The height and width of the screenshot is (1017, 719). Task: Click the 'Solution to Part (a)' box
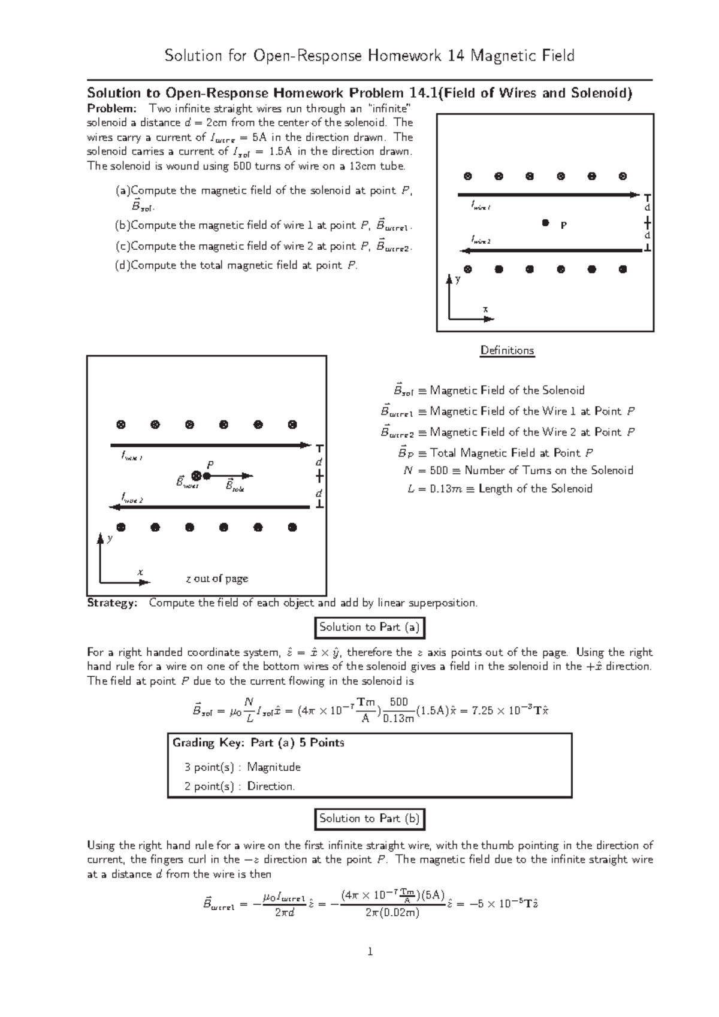pos(370,627)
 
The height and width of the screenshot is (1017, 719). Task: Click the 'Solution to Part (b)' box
pos(370,818)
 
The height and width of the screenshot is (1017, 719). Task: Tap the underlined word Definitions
pos(507,350)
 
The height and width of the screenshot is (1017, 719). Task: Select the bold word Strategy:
pos(112,603)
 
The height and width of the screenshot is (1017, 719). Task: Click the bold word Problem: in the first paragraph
pos(112,108)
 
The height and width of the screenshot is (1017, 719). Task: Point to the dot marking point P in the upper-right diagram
pos(545,223)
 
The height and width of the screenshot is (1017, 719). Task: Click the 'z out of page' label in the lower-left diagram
pos(217,579)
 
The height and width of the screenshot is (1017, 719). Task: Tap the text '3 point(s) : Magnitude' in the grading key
pos(243,767)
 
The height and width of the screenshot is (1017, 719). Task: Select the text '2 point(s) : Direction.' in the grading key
pos(240,786)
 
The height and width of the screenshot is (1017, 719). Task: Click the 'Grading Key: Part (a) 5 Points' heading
pos(258,743)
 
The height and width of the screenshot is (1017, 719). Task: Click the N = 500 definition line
pos(518,470)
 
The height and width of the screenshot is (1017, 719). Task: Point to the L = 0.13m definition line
pos(499,489)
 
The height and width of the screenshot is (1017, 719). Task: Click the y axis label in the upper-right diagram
pos(458,280)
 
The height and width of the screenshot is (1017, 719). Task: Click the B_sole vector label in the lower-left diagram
pos(235,486)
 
